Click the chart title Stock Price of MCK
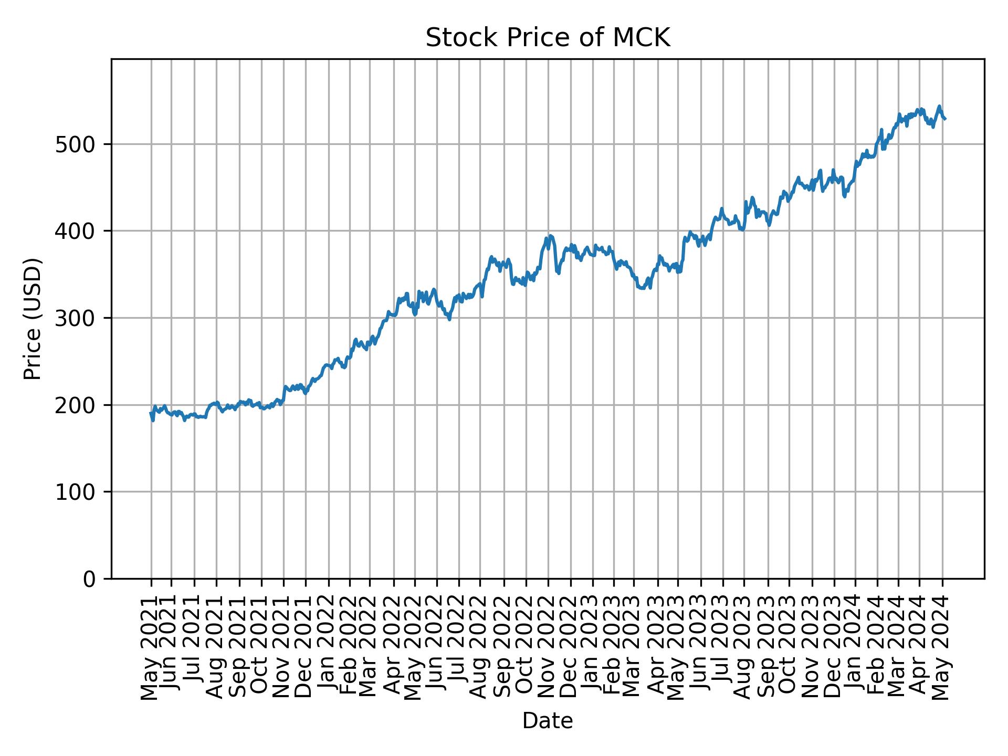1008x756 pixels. [548, 38]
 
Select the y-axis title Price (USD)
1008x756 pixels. [33, 319]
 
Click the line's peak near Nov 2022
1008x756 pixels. [550, 236]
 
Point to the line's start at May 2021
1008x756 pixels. [151, 413]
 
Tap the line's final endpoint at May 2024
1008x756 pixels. [945, 119]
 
